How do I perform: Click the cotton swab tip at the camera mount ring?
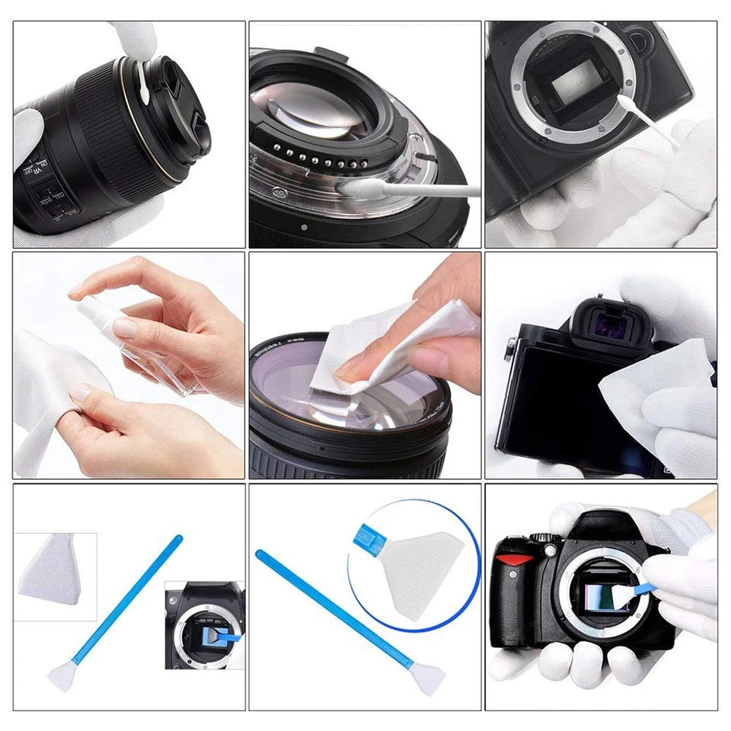coord(629,104)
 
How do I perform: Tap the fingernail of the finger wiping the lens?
coord(352,369)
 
